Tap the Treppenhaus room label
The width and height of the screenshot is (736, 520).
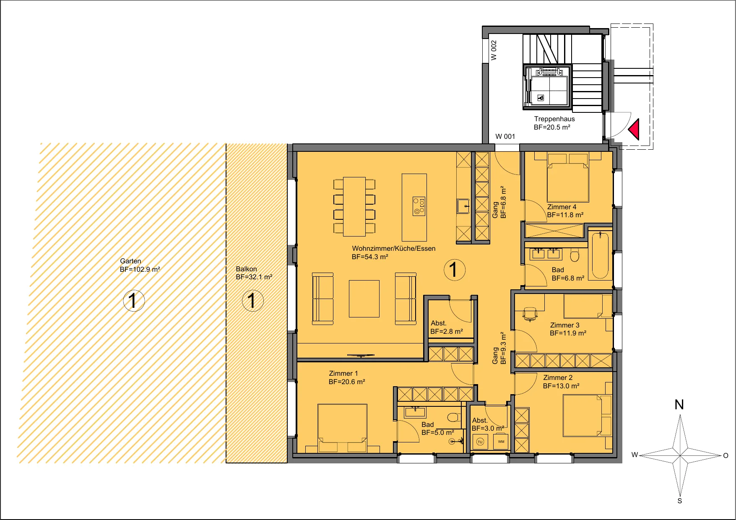(554, 119)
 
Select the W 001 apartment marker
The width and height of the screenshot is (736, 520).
(505, 136)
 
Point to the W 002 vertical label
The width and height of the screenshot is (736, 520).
(494, 50)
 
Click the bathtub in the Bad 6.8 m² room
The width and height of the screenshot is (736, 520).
(601, 255)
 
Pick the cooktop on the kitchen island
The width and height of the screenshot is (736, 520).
(419, 206)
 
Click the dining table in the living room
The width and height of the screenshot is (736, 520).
(354, 206)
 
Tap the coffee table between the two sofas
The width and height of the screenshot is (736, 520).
(364, 299)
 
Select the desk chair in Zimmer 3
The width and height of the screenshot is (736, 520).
(530, 314)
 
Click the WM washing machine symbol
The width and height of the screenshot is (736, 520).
(501, 442)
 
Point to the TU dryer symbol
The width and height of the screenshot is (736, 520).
(481, 442)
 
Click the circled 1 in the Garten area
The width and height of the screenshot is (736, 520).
(134, 301)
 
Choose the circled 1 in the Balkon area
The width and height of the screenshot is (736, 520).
(253, 301)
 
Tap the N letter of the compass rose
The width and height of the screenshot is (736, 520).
(679, 405)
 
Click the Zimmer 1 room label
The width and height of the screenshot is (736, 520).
(343, 374)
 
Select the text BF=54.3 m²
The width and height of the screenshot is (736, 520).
(370, 257)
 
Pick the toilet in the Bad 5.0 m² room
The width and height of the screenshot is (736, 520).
(453, 417)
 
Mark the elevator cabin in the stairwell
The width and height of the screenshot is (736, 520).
(546, 87)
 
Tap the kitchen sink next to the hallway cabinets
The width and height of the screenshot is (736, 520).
(463, 206)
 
